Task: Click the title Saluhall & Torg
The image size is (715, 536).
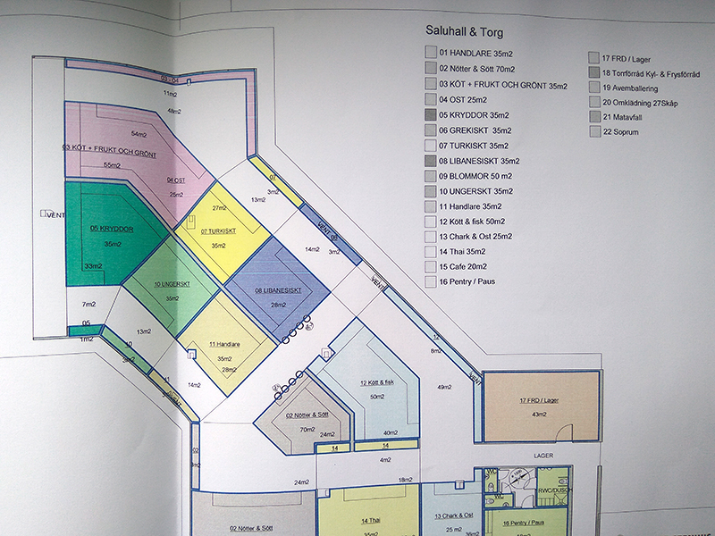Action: [465, 32]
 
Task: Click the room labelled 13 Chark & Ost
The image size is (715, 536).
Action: [450, 516]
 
